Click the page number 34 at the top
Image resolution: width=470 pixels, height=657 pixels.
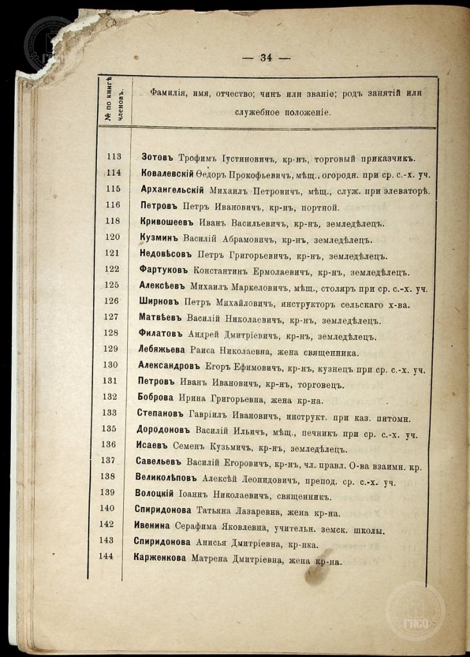[x=266, y=57]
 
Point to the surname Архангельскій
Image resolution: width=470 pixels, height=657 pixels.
[x=172, y=190]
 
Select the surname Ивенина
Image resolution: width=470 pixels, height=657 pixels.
[x=154, y=528]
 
